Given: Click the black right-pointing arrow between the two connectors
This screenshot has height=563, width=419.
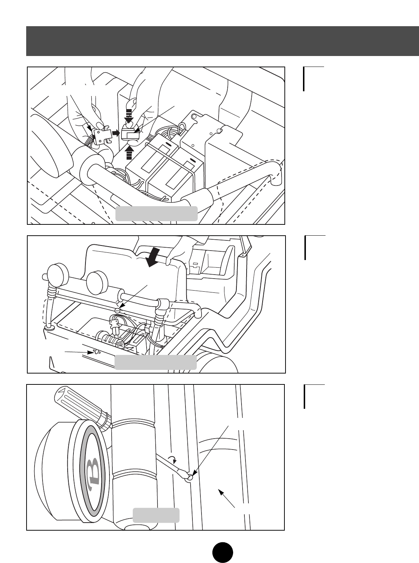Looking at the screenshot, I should tap(116, 133).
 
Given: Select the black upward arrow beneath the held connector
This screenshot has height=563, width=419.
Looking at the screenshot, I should tap(129, 153).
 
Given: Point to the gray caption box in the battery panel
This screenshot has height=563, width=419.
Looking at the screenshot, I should tap(156, 214).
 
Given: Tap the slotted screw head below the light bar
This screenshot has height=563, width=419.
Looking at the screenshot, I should tap(117, 311).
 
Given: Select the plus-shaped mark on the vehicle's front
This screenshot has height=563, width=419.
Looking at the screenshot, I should tap(96, 352).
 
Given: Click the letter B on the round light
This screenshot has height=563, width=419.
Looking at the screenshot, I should tap(92, 471).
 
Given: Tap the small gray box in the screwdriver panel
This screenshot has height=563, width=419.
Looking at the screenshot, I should tap(156, 515).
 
